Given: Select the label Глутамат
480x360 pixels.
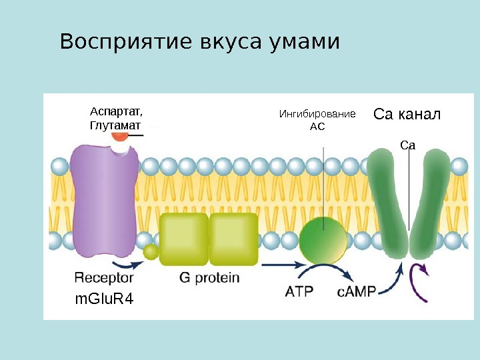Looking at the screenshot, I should tap(115, 125).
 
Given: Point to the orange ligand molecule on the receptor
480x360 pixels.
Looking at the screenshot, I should tap(121, 137).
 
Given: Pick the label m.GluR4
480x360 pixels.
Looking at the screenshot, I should tap(104, 299).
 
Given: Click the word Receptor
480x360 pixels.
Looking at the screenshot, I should tap(104, 277).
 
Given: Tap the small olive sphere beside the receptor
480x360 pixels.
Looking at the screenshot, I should tap(151, 251).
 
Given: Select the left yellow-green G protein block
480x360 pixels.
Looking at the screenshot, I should tap(184, 239).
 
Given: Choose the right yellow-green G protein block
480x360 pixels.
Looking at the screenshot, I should tap(233, 239).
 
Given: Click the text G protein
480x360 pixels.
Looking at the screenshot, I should tap(209, 277).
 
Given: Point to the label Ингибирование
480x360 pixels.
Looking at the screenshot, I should tap(317, 114).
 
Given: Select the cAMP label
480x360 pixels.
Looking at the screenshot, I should tap(357, 291).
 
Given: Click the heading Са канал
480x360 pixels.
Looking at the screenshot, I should tap(407, 114).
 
